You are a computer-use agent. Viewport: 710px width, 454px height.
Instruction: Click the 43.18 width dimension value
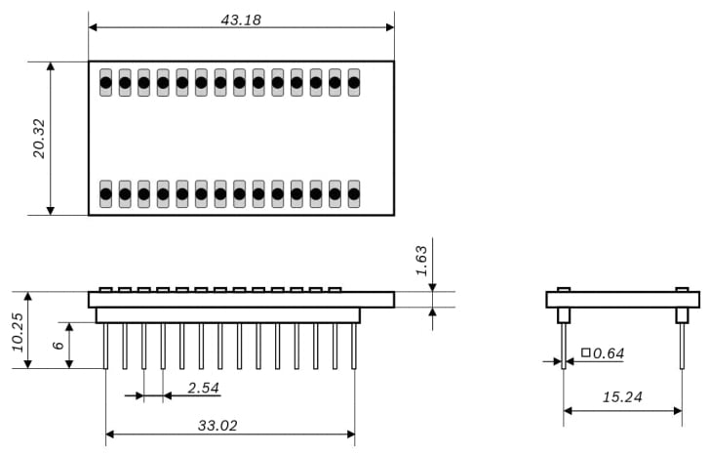pyautogui.click(x=241, y=20)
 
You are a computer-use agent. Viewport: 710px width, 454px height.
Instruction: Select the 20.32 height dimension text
pyautogui.click(x=39, y=138)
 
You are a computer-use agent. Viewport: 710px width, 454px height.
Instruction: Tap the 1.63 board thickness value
pyautogui.click(x=421, y=260)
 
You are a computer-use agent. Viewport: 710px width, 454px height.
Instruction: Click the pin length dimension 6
pyautogui.click(x=58, y=345)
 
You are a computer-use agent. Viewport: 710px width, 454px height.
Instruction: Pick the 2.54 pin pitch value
pyautogui.click(x=203, y=388)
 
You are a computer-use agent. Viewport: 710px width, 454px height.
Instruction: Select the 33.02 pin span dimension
pyautogui.click(x=217, y=426)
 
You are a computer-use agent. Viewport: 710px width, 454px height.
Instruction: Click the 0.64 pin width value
pyautogui.click(x=608, y=352)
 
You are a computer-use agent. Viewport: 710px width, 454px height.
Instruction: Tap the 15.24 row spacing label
pyautogui.click(x=623, y=397)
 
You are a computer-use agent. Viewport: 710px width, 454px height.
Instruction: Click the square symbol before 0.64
pyautogui.click(x=585, y=352)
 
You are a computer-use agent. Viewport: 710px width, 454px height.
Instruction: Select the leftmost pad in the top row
pyautogui.click(x=105, y=83)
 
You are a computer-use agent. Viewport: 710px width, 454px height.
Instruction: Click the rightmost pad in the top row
pyautogui.click(x=354, y=83)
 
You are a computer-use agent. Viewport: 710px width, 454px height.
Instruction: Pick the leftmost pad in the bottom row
pyautogui.click(x=105, y=193)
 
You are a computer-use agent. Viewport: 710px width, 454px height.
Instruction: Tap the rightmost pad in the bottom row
pyautogui.click(x=354, y=193)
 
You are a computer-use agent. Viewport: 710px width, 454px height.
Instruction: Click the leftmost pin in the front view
pyautogui.click(x=105, y=346)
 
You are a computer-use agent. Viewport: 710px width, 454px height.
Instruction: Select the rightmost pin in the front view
pyautogui.click(x=354, y=346)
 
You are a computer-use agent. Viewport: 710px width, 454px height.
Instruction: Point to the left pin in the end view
pyautogui.click(x=564, y=346)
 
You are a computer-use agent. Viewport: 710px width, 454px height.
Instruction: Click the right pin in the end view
pyautogui.click(x=682, y=346)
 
